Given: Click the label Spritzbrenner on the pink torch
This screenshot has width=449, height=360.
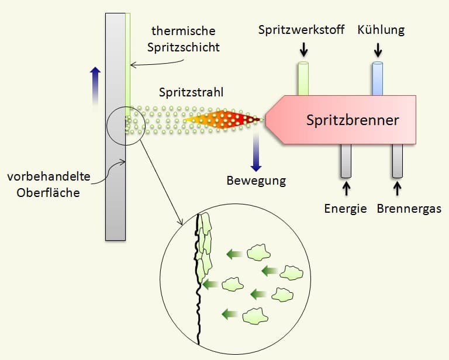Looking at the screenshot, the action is pos(353,120).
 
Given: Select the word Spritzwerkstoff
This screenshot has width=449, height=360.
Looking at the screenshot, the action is pos(301,30).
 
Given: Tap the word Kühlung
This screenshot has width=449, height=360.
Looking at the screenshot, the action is pos(381,30).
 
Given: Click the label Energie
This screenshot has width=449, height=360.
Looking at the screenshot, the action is pos(346,209).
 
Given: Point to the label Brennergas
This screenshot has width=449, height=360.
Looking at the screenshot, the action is pos(409,209).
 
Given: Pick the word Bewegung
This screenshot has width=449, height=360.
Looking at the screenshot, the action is pos(256,181).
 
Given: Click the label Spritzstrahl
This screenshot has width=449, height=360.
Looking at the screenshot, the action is pos(191,92).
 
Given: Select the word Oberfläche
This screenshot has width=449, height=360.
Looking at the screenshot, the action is pos(48,193).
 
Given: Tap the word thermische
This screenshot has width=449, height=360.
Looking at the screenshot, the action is pos(184,31).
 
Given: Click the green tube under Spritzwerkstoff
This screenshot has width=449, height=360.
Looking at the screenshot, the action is pos(303,78).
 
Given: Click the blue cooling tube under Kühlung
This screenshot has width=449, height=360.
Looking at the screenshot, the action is pos(378,78).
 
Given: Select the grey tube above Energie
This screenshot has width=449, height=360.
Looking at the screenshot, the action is pos(346,161).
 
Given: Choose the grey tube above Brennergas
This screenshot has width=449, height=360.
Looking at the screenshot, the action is pos(398,161).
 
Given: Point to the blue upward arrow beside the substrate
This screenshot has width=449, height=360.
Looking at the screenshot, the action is pos(95,89).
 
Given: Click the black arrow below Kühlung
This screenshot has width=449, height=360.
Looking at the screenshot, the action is pos(378,50).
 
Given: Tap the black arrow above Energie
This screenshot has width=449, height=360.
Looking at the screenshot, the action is pos(346,189).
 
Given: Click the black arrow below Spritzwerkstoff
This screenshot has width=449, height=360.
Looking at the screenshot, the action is pos(303,50).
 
